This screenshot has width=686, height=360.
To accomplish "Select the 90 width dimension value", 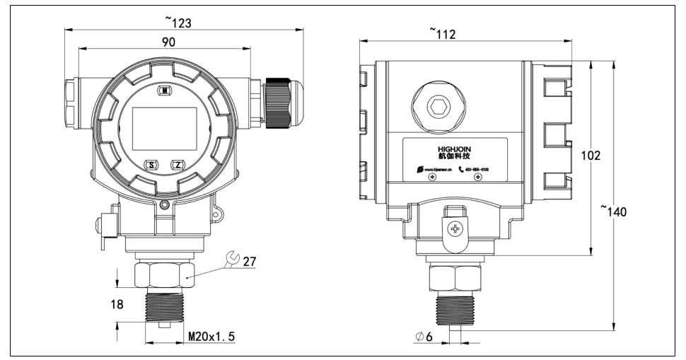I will (x=168, y=42).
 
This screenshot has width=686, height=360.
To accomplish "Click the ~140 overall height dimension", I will (x=618, y=211).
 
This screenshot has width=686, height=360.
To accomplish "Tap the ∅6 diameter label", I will (x=425, y=337).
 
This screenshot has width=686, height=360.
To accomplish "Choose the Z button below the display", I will (x=178, y=165).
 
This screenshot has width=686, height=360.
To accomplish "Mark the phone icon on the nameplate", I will (x=462, y=170).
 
